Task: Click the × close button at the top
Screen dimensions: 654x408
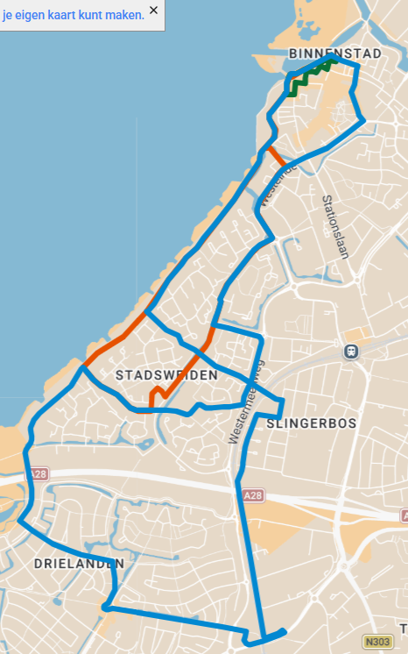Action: click(x=154, y=10)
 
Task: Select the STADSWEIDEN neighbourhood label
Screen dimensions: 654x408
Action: click(x=166, y=375)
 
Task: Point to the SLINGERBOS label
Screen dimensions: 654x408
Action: click(x=310, y=423)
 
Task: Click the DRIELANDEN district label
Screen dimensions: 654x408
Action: click(x=78, y=563)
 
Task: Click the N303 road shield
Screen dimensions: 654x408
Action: click(x=378, y=643)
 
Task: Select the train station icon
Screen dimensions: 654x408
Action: click(x=351, y=352)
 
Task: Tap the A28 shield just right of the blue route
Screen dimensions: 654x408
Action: click(x=253, y=496)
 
